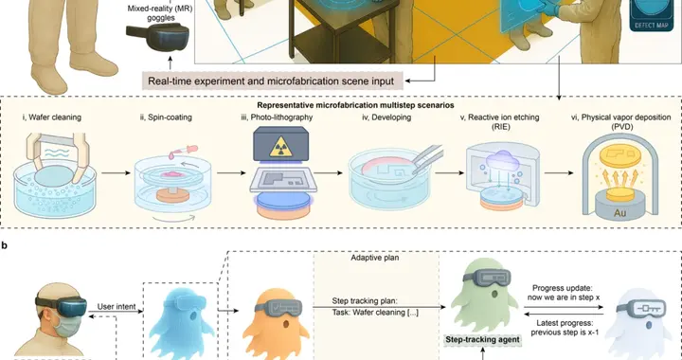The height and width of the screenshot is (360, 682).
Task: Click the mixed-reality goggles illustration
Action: click(158, 37)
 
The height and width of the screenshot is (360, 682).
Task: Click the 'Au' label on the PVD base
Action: click(619, 213)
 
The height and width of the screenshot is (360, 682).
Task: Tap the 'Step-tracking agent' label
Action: click(482, 339)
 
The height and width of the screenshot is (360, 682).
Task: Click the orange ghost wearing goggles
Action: click(276, 323)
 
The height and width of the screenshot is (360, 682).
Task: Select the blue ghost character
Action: click(182, 323)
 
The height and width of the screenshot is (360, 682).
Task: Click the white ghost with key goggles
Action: click(638, 323)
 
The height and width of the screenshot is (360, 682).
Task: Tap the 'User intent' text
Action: click(117, 307)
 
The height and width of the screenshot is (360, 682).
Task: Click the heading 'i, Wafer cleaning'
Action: click(52, 117)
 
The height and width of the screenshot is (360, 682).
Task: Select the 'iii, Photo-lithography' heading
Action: click(277, 117)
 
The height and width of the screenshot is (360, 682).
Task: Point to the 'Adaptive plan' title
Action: click(375, 258)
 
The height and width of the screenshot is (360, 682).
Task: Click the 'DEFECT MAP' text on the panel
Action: click(651, 26)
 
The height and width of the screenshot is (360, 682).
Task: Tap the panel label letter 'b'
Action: click(5, 245)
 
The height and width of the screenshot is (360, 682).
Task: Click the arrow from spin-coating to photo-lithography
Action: click(231, 173)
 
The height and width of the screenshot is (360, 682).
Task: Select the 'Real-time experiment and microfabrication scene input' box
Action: click(272, 81)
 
